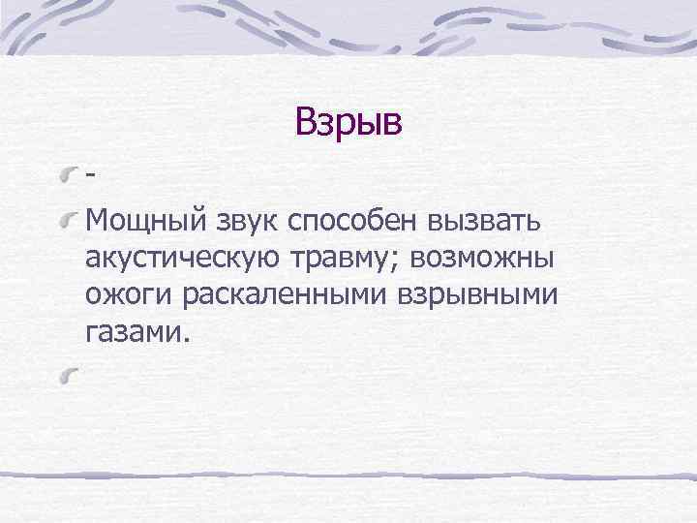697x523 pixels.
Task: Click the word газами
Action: pos(133,333)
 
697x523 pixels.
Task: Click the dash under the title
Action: pos(90,178)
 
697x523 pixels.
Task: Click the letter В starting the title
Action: pos(305,123)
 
